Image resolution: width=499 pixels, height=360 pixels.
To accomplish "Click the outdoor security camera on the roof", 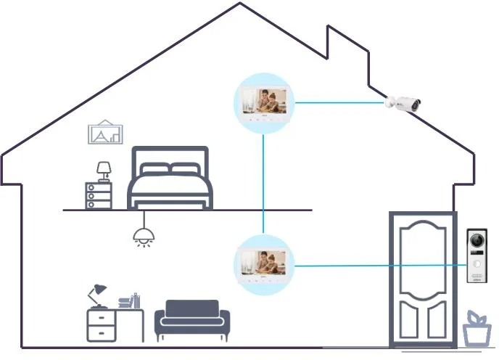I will tap(404, 103).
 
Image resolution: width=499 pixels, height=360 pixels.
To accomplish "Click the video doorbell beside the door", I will tap(477, 258).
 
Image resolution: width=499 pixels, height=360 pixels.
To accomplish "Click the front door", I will tap(422, 279).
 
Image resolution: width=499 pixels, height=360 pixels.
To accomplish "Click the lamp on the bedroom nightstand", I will tap(104, 171).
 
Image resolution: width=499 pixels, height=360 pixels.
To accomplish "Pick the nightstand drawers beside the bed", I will tap(99, 195).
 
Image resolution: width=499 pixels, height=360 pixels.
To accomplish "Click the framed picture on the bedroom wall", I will tap(106, 132).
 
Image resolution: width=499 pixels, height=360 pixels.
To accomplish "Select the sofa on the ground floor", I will tap(192, 321).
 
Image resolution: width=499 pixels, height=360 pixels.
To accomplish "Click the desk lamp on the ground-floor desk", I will tap(95, 294).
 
